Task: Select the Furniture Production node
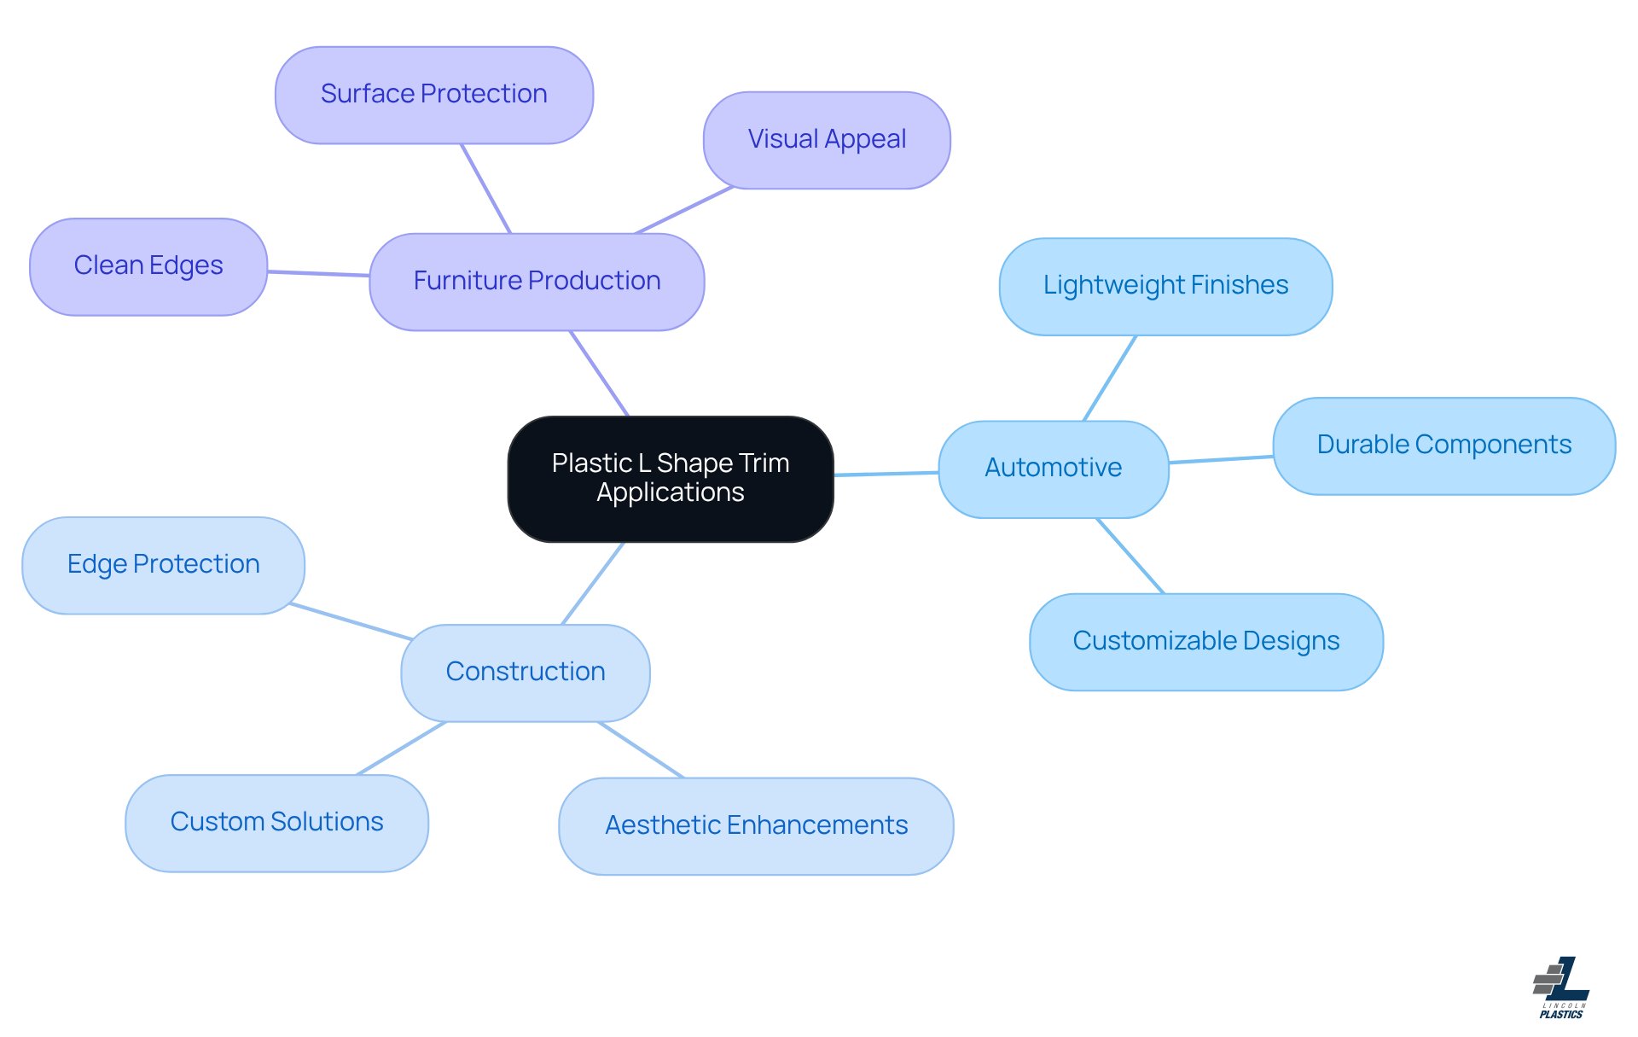tap(537, 281)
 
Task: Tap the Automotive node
tap(1053, 468)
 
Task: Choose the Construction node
tap(526, 672)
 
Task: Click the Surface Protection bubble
tap(433, 94)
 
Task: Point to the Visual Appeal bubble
tap(827, 139)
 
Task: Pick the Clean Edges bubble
tap(148, 265)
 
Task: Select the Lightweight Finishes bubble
tap(1165, 285)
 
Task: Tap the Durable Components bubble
tap(1443, 445)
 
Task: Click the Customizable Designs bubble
tap(1205, 641)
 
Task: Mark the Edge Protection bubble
tap(163, 564)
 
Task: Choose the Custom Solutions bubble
tap(276, 822)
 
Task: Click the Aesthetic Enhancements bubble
tap(756, 825)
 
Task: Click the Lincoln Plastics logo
tap(1561, 987)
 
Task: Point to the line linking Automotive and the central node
tap(886, 474)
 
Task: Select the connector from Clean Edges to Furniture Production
tap(318, 273)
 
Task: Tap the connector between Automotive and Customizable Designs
tap(1130, 556)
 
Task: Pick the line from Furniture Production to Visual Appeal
tap(684, 210)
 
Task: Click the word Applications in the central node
tap(671, 493)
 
